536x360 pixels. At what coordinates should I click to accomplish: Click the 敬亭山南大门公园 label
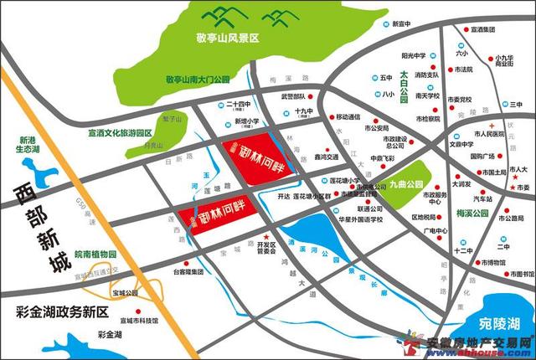197,79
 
